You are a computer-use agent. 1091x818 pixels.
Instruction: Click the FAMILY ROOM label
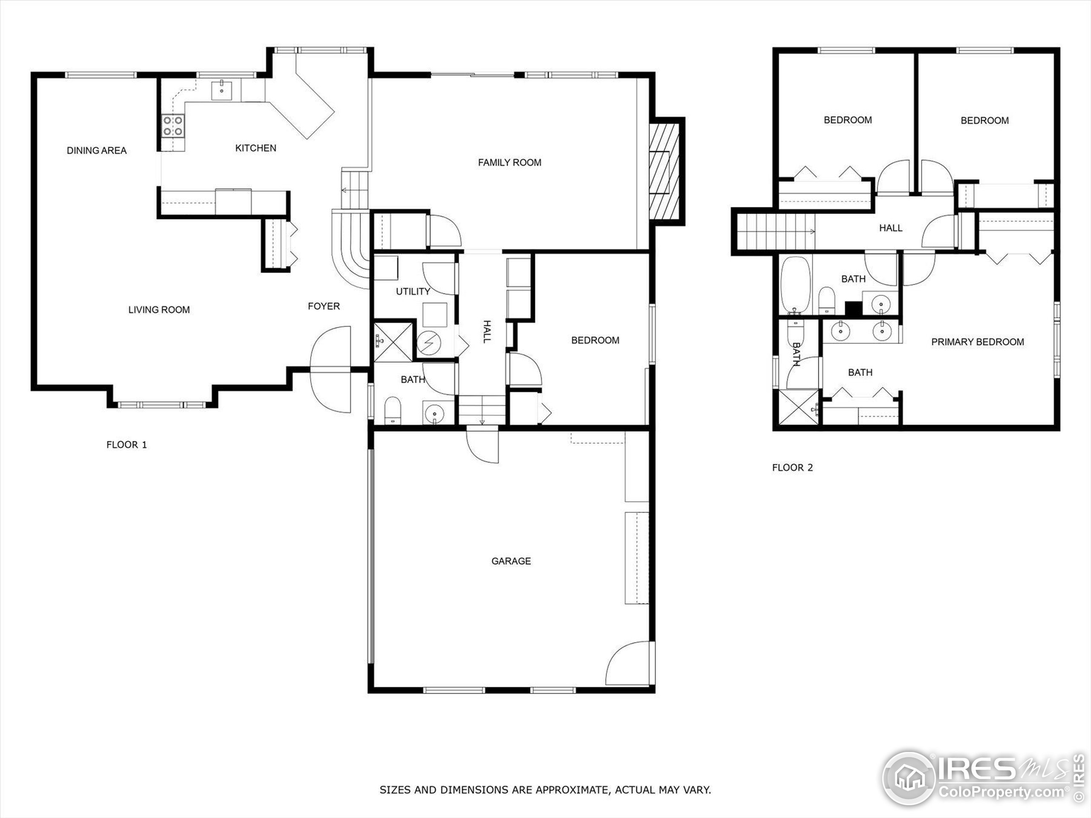(510, 163)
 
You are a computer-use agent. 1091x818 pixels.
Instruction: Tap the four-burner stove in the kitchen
(173, 125)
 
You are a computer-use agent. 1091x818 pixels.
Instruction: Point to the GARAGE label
(511, 561)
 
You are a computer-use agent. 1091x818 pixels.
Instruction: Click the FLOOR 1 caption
(127, 445)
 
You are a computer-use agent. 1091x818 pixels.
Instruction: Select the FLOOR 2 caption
(792, 467)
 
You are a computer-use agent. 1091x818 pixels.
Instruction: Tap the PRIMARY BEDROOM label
(977, 342)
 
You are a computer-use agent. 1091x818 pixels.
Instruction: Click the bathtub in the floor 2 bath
(796, 285)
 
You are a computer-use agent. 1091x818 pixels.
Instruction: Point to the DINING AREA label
(97, 150)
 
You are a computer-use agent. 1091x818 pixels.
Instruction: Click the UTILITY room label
(413, 291)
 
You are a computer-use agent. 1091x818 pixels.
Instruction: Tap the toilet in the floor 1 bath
(393, 410)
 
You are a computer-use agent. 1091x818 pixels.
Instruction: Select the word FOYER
(323, 306)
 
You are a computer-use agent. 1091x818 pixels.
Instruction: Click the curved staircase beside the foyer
(351, 251)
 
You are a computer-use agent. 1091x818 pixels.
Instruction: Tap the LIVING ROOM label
(159, 310)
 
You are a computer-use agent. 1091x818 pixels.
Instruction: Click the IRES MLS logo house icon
(908, 778)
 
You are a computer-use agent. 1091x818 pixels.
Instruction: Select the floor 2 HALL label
(890, 228)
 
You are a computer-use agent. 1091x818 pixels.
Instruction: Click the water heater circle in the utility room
(429, 343)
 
